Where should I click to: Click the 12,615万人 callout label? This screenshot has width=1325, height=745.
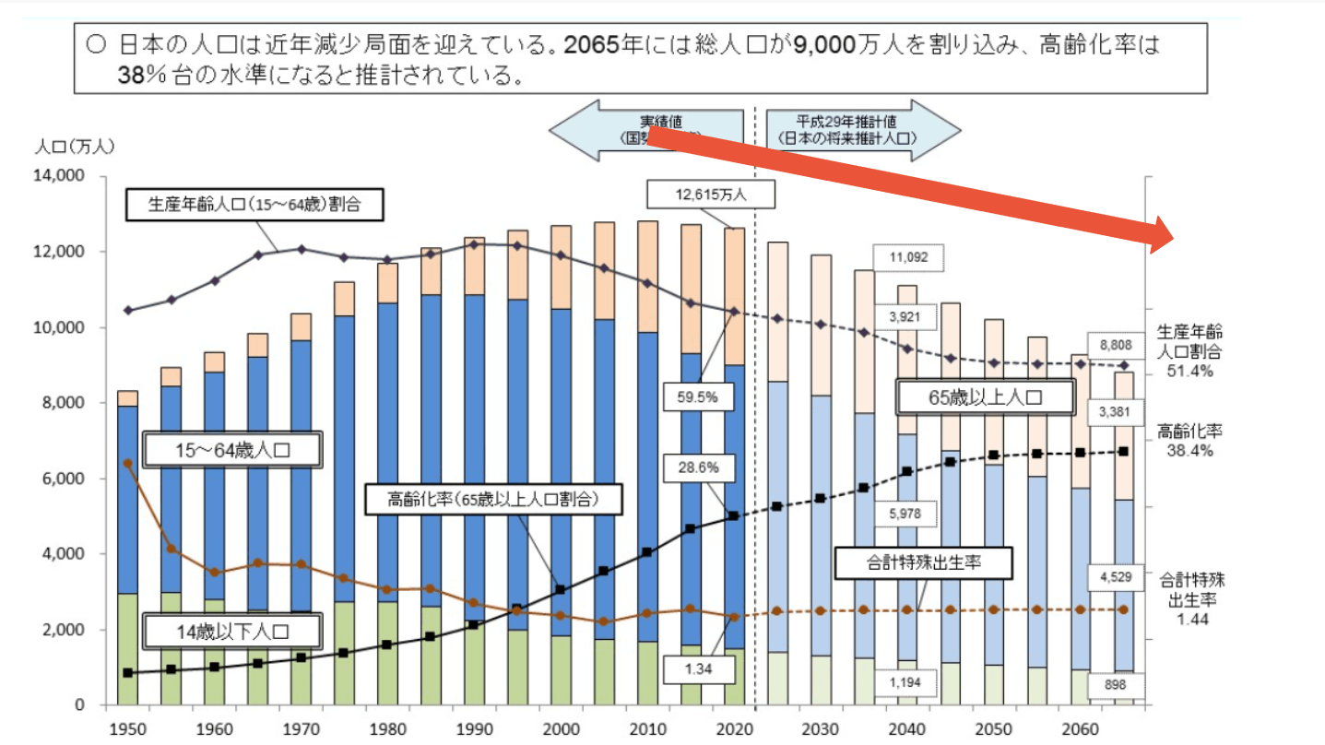pos(710,195)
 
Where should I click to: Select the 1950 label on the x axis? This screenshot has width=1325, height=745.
pos(127,728)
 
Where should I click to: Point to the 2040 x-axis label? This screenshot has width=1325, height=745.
pos(905,728)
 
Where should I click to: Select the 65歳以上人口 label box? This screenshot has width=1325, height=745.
pos(986,398)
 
